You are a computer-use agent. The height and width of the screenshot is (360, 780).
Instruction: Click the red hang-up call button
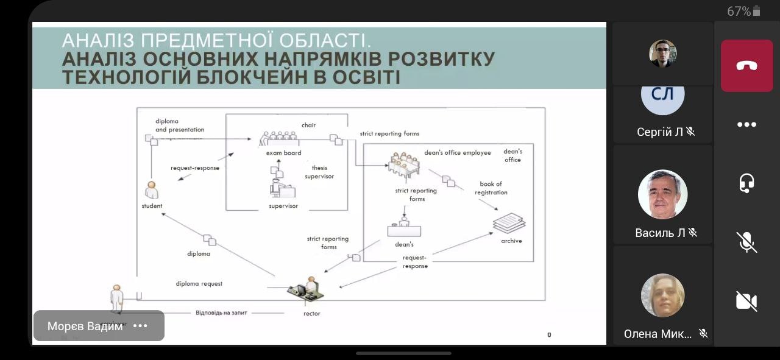746,66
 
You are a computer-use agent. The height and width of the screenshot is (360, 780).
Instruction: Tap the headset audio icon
746,183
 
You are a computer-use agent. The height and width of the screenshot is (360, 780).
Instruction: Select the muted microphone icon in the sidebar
746,242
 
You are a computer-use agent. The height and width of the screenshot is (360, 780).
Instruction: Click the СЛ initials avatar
662,94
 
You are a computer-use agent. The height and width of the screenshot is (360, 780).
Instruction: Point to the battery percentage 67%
739,11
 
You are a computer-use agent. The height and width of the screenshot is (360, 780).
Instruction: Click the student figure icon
151,190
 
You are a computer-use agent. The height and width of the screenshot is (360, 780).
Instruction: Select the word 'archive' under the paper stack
511,241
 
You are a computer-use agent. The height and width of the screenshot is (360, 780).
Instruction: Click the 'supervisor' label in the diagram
283,206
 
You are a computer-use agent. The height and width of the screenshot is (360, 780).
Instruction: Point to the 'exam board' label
283,153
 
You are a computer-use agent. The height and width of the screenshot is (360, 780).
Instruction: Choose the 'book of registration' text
491,188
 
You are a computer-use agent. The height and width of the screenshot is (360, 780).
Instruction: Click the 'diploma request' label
199,283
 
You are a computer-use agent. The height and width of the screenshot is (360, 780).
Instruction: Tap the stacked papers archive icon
509,222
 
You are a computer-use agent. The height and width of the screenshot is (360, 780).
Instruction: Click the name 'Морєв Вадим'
85,326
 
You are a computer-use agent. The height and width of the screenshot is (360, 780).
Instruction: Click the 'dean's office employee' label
457,152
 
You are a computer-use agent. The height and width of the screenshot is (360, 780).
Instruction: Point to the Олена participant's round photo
662,295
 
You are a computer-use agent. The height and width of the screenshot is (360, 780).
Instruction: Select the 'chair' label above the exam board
308,125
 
